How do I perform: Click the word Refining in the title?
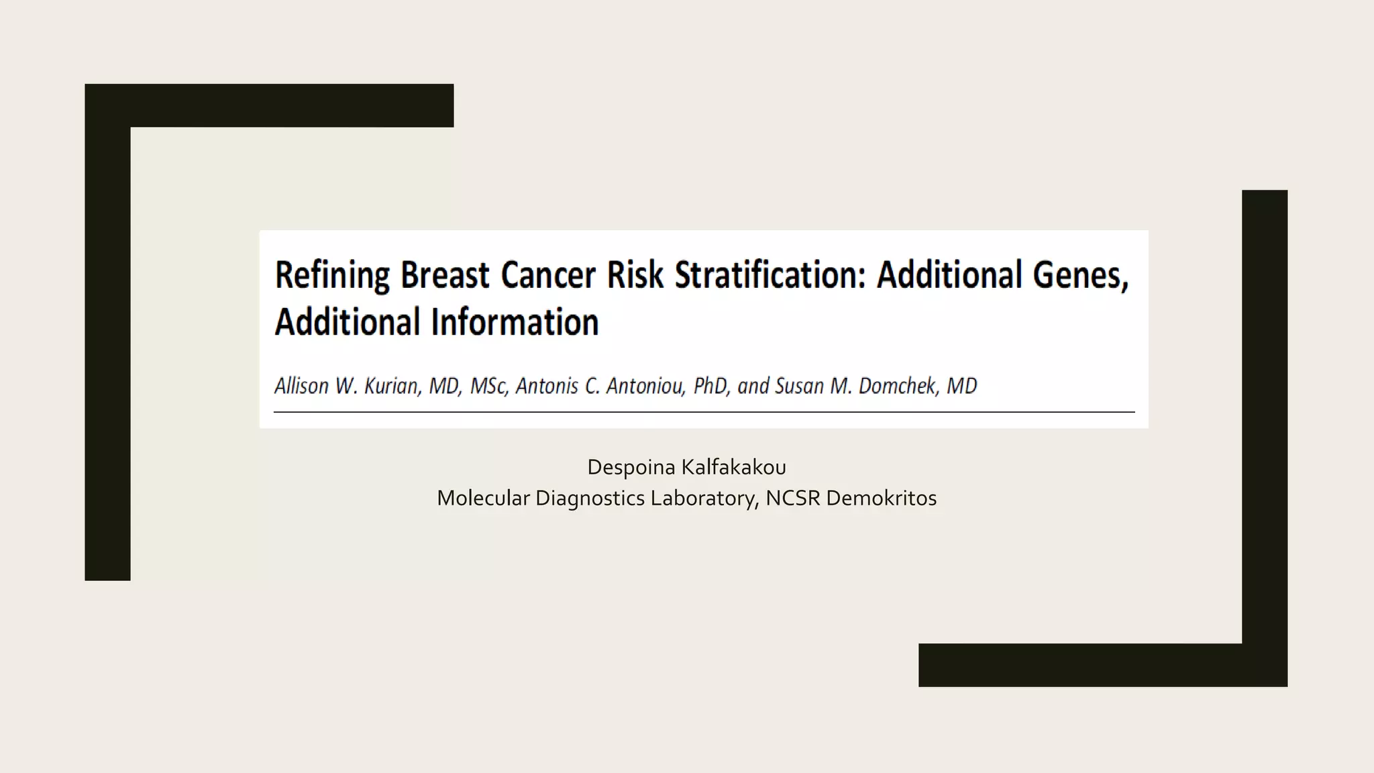(x=332, y=275)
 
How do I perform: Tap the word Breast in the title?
(x=445, y=275)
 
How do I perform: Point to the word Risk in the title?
(x=635, y=275)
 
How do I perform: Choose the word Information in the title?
(x=515, y=322)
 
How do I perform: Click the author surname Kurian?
(x=392, y=386)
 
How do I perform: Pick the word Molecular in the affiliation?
(x=483, y=498)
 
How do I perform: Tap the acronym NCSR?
(x=792, y=498)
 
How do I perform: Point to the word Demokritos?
(x=881, y=498)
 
